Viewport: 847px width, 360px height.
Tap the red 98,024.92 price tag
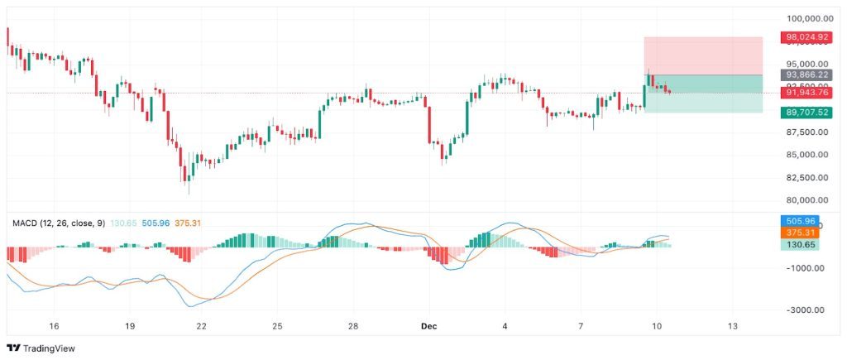pyautogui.click(x=807, y=37)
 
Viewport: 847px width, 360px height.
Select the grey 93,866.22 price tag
pyautogui.click(x=807, y=74)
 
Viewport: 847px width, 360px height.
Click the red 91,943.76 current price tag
pyautogui.click(x=807, y=93)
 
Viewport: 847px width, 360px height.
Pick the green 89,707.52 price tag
pyautogui.click(x=807, y=112)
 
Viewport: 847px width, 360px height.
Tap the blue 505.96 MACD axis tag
pyautogui.click(x=803, y=222)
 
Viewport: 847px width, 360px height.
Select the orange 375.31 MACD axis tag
pyautogui.click(x=803, y=233)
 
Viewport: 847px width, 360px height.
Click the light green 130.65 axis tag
pyautogui.click(x=803, y=245)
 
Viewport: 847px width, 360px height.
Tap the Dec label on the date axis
pyautogui.click(x=428, y=326)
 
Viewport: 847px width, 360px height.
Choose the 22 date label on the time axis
pyautogui.click(x=201, y=326)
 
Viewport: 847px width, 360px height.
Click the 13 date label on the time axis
pyautogui.click(x=732, y=326)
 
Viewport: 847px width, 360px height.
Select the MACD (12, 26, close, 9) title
pyautogui.click(x=58, y=223)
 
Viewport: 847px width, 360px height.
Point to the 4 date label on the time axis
pyautogui.click(x=505, y=326)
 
